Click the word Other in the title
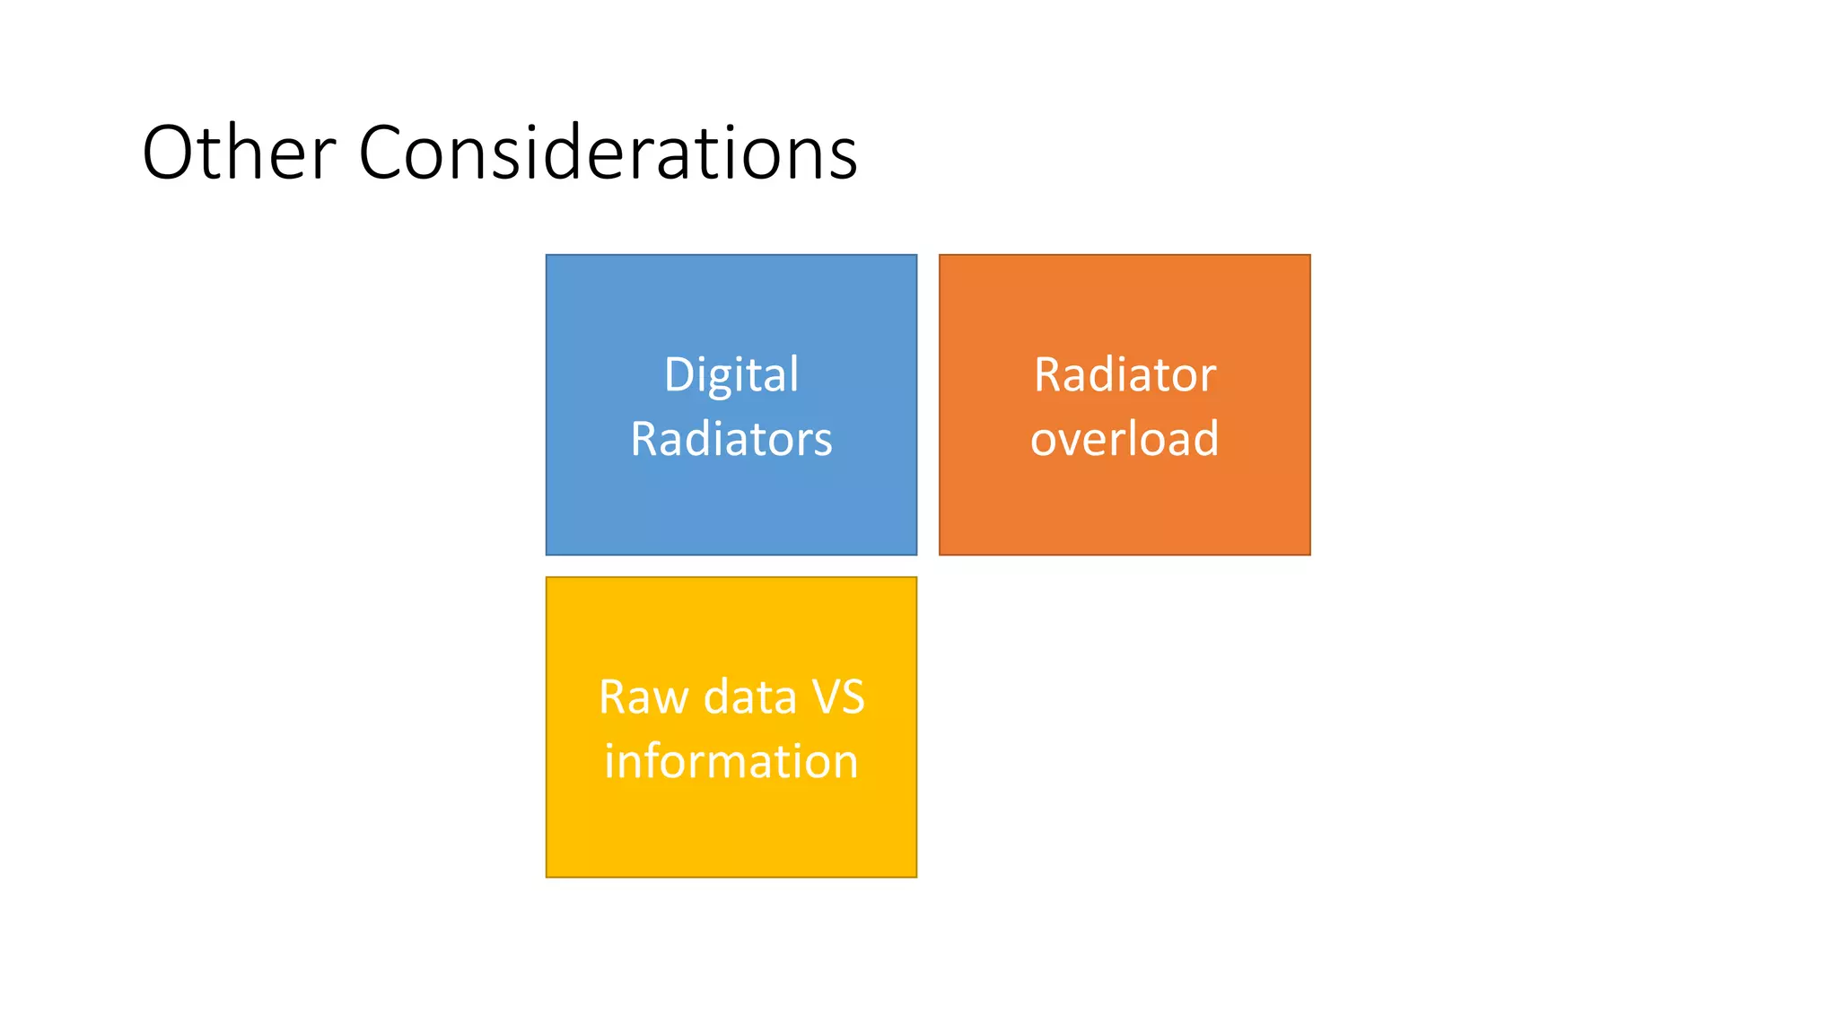pyautogui.click(x=239, y=153)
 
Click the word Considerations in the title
pyautogui.click(x=608, y=153)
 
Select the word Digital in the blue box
pyautogui.click(x=731, y=375)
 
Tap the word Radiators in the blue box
pyautogui.click(x=731, y=439)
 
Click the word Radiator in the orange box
pyautogui.click(x=1125, y=374)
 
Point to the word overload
pyautogui.click(x=1125, y=439)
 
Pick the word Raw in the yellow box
pyautogui.click(x=644, y=697)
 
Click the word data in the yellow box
pyautogui.click(x=750, y=697)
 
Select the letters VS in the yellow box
pyautogui.click(x=837, y=697)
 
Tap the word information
pyautogui.click(x=731, y=761)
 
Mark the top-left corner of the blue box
pyautogui.click(x=547, y=255)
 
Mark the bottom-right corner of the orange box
pyautogui.click(x=1309, y=554)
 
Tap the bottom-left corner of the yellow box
pyautogui.click(x=547, y=876)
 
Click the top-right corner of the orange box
pyautogui.click(x=1309, y=255)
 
